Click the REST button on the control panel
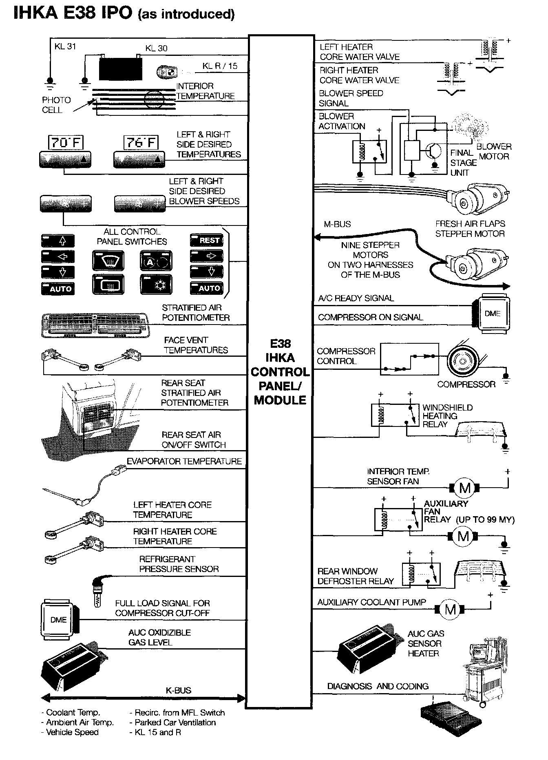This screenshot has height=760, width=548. [x=206, y=241]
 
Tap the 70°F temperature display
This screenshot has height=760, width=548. [x=65, y=142]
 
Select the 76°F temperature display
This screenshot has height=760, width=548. [x=140, y=142]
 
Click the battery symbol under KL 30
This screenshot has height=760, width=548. [x=121, y=68]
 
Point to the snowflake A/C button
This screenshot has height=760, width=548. [x=157, y=285]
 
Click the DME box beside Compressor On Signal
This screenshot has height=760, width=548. [x=493, y=314]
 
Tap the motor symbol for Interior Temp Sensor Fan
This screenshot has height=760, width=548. [x=464, y=488]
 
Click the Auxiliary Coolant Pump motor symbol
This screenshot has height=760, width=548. [x=450, y=610]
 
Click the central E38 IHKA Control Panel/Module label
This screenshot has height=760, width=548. [x=280, y=372]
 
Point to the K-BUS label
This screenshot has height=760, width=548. [x=178, y=690]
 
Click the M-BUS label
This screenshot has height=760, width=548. [x=337, y=224]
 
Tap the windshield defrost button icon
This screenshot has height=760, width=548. [x=108, y=261]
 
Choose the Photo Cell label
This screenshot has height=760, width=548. [x=56, y=105]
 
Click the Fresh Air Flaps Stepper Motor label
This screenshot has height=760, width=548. [x=470, y=229]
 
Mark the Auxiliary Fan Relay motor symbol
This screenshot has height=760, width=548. [x=463, y=536]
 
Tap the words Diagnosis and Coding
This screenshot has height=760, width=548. [x=378, y=686]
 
